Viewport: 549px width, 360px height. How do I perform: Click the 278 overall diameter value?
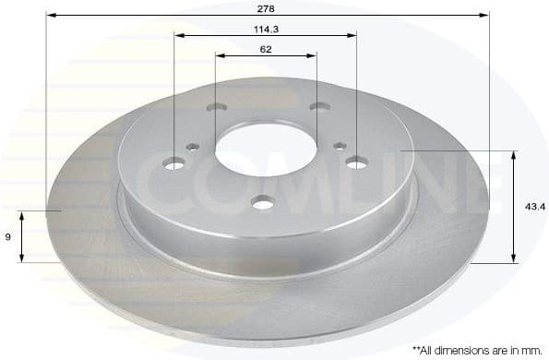267,6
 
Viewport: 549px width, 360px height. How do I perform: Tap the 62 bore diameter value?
266,48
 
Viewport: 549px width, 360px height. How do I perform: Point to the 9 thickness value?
7,237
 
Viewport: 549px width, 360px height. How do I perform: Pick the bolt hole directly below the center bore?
265,202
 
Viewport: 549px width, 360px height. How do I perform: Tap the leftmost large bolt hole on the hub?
173,164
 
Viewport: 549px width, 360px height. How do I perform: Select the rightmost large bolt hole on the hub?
357,162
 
